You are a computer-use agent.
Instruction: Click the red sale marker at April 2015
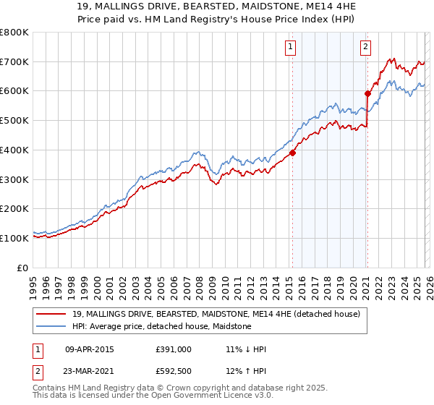point(293,153)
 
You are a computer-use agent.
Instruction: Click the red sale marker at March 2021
point(367,93)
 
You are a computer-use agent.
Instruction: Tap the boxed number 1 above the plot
point(290,48)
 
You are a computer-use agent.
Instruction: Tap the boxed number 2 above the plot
point(365,48)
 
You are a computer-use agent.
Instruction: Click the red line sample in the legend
point(52,314)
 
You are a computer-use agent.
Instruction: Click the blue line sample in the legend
point(52,326)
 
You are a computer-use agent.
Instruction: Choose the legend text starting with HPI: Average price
point(161,326)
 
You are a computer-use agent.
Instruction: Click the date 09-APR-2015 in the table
point(89,349)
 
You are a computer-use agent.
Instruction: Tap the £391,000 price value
point(174,349)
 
